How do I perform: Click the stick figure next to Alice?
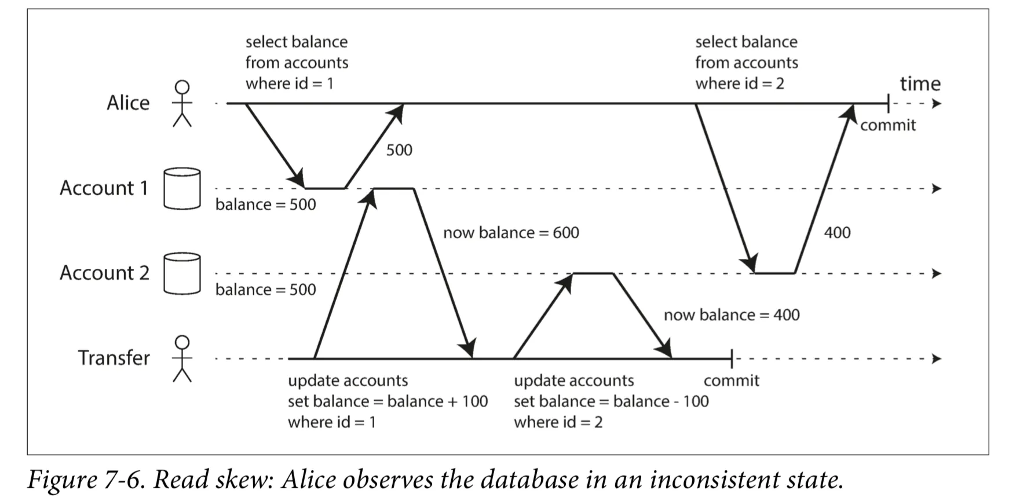coord(182,104)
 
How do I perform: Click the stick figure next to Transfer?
coord(182,359)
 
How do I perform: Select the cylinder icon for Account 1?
coord(182,188)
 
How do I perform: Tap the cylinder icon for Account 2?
coord(182,273)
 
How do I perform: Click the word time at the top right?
coord(920,84)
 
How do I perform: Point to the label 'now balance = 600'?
coord(511,233)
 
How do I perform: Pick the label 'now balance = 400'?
coord(732,315)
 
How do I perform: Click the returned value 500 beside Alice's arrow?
coord(399,150)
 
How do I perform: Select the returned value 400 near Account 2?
coord(837,233)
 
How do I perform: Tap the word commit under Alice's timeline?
coord(888,125)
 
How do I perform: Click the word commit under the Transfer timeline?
coord(732,381)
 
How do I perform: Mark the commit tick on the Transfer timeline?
coord(732,359)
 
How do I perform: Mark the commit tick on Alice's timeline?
coord(888,104)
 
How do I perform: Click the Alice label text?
coord(128,103)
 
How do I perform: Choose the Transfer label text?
coord(114,358)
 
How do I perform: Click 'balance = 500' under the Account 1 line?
coord(266,204)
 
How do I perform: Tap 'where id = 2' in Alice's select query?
coord(740,83)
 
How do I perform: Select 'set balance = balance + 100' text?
coord(388,401)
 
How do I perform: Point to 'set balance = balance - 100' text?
coord(611,401)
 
